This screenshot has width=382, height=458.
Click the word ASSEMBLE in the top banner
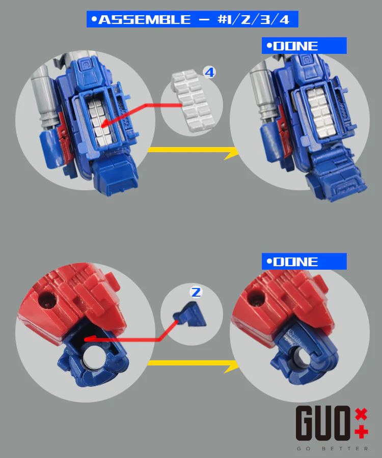tap(144, 19)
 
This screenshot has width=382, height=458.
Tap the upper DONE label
tap(295, 46)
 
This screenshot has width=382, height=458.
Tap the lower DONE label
tap(295, 262)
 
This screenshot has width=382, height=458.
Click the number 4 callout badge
tap(209, 72)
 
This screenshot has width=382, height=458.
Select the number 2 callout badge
tap(196, 292)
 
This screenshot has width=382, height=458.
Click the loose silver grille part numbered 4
tap(193, 100)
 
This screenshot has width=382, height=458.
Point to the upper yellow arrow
tap(193, 151)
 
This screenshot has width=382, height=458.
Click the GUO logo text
tap(323, 423)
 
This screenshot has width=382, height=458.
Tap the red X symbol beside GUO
tap(361, 414)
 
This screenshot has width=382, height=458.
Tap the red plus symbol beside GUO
tap(361, 432)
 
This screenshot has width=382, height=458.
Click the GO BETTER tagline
tap(332, 448)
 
